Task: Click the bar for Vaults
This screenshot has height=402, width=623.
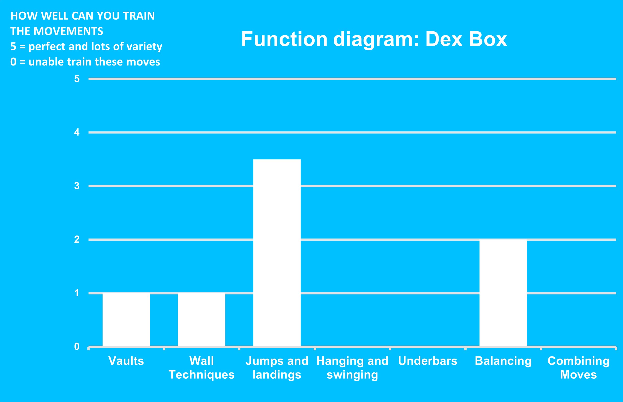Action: [126, 320]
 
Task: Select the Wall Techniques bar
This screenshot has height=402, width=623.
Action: [201, 320]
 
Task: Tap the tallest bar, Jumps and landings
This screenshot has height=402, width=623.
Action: [277, 253]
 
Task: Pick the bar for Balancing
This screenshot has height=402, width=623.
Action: [503, 293]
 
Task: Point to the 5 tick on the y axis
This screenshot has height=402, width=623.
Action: [77, 79]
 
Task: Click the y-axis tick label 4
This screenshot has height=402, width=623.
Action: [77, 132]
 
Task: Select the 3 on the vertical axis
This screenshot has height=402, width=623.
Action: [77, 186]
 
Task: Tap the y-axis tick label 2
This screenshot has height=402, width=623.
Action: [77, 240]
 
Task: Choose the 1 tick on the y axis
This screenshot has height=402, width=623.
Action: [77, 293]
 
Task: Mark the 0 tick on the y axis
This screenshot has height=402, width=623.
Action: [77, 347]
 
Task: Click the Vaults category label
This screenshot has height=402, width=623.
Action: [126, 361]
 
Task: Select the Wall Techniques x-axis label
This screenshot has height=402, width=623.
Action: [201, 368]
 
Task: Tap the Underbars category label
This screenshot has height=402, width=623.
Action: [428, 361]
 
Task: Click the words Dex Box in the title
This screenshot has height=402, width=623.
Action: [466, 39]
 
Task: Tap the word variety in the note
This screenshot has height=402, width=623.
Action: [144, 47]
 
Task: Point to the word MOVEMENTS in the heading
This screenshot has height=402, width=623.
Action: [69, 31]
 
